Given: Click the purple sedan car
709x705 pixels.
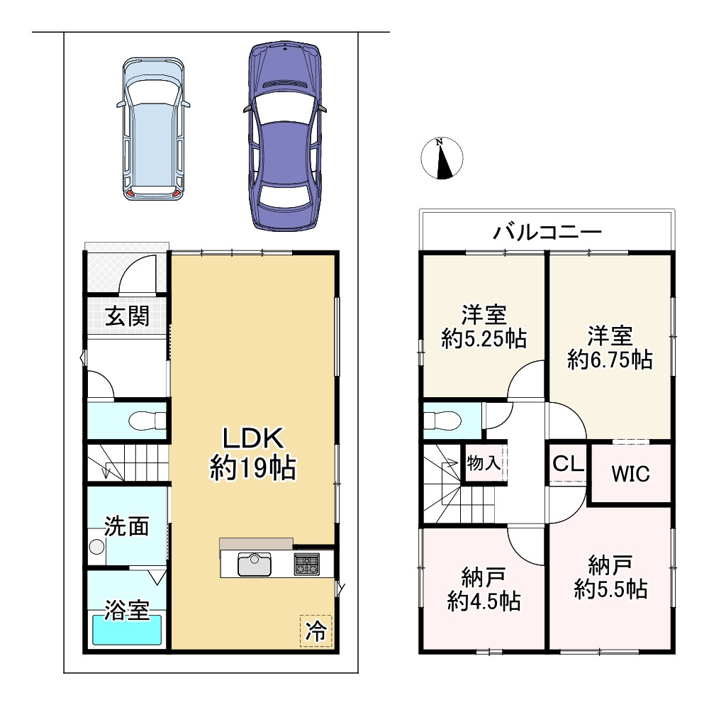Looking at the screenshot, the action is click(x=284, y=136).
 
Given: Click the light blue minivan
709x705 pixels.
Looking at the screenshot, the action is click(x=153, y=129).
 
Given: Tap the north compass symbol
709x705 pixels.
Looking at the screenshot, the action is click(x=442, y=158).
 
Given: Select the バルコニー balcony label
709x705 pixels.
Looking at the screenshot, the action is click(x=547, y=233).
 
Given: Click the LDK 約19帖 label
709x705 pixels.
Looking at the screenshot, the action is click(x=253, y=453).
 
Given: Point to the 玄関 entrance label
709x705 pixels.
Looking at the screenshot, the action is click(x=127, y=316).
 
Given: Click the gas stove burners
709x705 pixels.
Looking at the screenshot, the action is click(x=307, y=564).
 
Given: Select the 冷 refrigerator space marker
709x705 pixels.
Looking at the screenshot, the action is click(x=316, y=631).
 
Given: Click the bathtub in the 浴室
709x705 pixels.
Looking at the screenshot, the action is click(x=127, y=630).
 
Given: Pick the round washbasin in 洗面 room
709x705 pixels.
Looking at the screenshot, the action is click(x=96, y=547).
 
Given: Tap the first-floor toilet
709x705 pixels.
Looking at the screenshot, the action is click(x=146, y=421).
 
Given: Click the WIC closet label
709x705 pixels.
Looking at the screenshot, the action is click(x=630, y=474).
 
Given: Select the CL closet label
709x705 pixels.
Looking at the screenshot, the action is click(x=568, y=464).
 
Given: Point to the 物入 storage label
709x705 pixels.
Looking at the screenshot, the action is click(x=484, y=462).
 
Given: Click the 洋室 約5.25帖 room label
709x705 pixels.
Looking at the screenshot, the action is click(x=484, y=326).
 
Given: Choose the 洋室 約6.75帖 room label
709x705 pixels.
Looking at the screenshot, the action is click(x=610, y=348).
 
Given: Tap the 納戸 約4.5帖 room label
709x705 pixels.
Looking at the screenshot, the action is click(x=484, y=589).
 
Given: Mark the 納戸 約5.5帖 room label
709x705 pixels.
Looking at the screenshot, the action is click(x=610, y=578).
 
